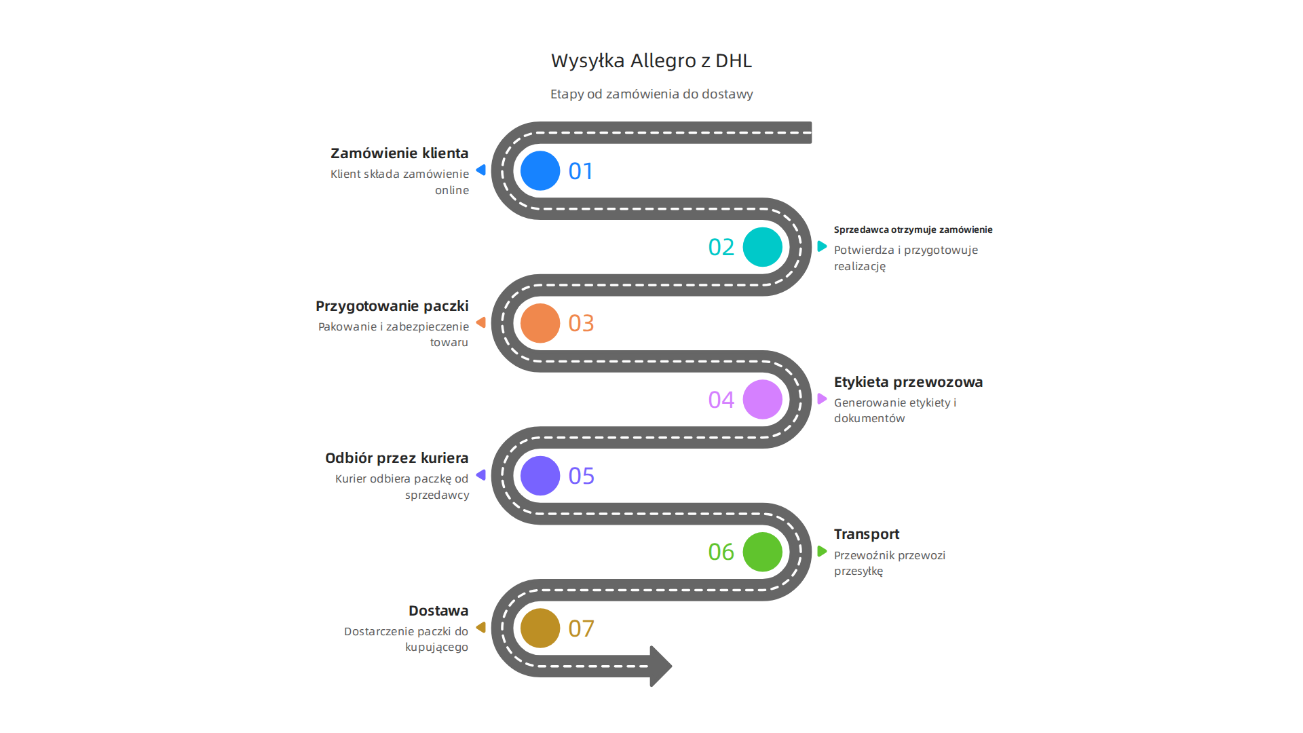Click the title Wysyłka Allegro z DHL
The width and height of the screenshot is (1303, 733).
coord(651,61)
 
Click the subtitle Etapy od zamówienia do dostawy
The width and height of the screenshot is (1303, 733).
coord(651,94)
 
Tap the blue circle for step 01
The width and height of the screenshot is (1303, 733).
coord(540,170)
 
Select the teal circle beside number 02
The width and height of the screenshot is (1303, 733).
coord(762,247)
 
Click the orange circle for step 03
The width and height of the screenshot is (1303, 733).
coord(540,323)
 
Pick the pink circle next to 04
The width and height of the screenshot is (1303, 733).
coord(762,399)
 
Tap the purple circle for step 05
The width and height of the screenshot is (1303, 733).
coord(540,475)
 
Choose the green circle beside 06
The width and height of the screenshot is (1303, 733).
coord(762,552)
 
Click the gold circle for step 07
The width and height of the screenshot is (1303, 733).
coord(540,628)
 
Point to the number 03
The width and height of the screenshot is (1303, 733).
coord(581,323)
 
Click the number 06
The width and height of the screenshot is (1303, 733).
coord(721,552)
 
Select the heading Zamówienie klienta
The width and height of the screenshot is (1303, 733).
coord(399,153)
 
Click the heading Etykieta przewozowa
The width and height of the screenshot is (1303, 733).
coord(908,382)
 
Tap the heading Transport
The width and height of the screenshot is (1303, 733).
coord(866,534)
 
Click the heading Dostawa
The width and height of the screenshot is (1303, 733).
coord(438,611)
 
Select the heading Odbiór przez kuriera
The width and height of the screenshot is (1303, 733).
coord(396,458)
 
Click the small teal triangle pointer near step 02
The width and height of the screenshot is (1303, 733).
coord(822,246)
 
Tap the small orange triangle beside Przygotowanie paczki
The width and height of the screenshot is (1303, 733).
coord(481,322)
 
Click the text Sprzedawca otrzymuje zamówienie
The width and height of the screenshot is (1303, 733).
coord(913,230)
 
